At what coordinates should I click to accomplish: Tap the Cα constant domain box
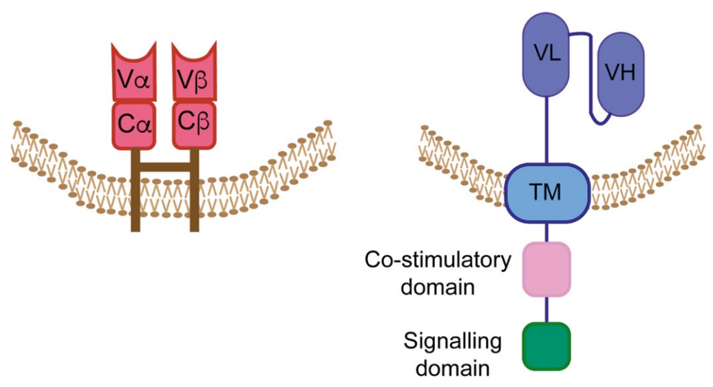134,125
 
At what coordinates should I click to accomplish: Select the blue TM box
547,193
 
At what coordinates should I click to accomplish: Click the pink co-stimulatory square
547,269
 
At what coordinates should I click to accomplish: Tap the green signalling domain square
547,345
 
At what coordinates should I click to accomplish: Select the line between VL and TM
547,131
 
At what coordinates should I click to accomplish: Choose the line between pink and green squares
547,309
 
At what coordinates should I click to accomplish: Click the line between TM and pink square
547,232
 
